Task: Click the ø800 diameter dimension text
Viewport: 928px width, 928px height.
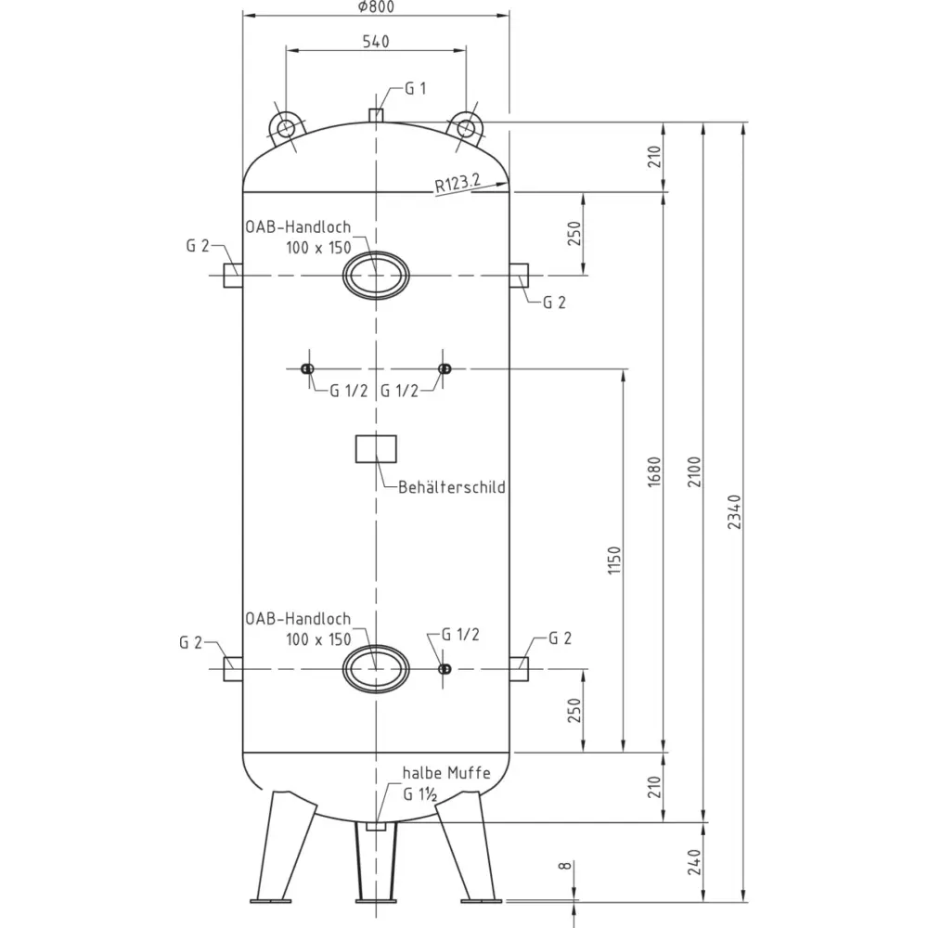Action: (377, 7)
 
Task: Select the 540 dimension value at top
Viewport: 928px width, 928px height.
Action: (376, 42)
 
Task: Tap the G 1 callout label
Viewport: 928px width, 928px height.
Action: (416, 89)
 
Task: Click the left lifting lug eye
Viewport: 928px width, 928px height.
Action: (285, 128)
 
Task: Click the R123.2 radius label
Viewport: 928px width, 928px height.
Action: (458, 183)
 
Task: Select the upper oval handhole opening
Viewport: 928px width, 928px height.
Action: (376, 276)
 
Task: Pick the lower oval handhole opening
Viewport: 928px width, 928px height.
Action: (376, 669)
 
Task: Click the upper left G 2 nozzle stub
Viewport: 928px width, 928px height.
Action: (233, 276)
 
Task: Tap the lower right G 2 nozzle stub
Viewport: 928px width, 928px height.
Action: (519, 669)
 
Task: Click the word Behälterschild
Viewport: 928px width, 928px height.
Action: (452, 488)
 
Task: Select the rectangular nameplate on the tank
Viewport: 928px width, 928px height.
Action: (376, 449)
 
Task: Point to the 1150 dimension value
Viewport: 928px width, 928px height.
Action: (615, 561)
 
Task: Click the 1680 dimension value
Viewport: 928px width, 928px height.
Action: (654, 471)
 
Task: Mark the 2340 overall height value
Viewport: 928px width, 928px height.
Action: (734, 512)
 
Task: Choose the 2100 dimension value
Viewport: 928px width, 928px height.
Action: (694, 471)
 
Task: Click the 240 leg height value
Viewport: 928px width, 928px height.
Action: (694, 862)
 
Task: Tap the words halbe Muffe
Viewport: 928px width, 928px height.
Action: (446, 773)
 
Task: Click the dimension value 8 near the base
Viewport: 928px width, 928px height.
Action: (566, 866)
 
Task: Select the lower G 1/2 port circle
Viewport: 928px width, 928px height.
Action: (445, 669)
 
